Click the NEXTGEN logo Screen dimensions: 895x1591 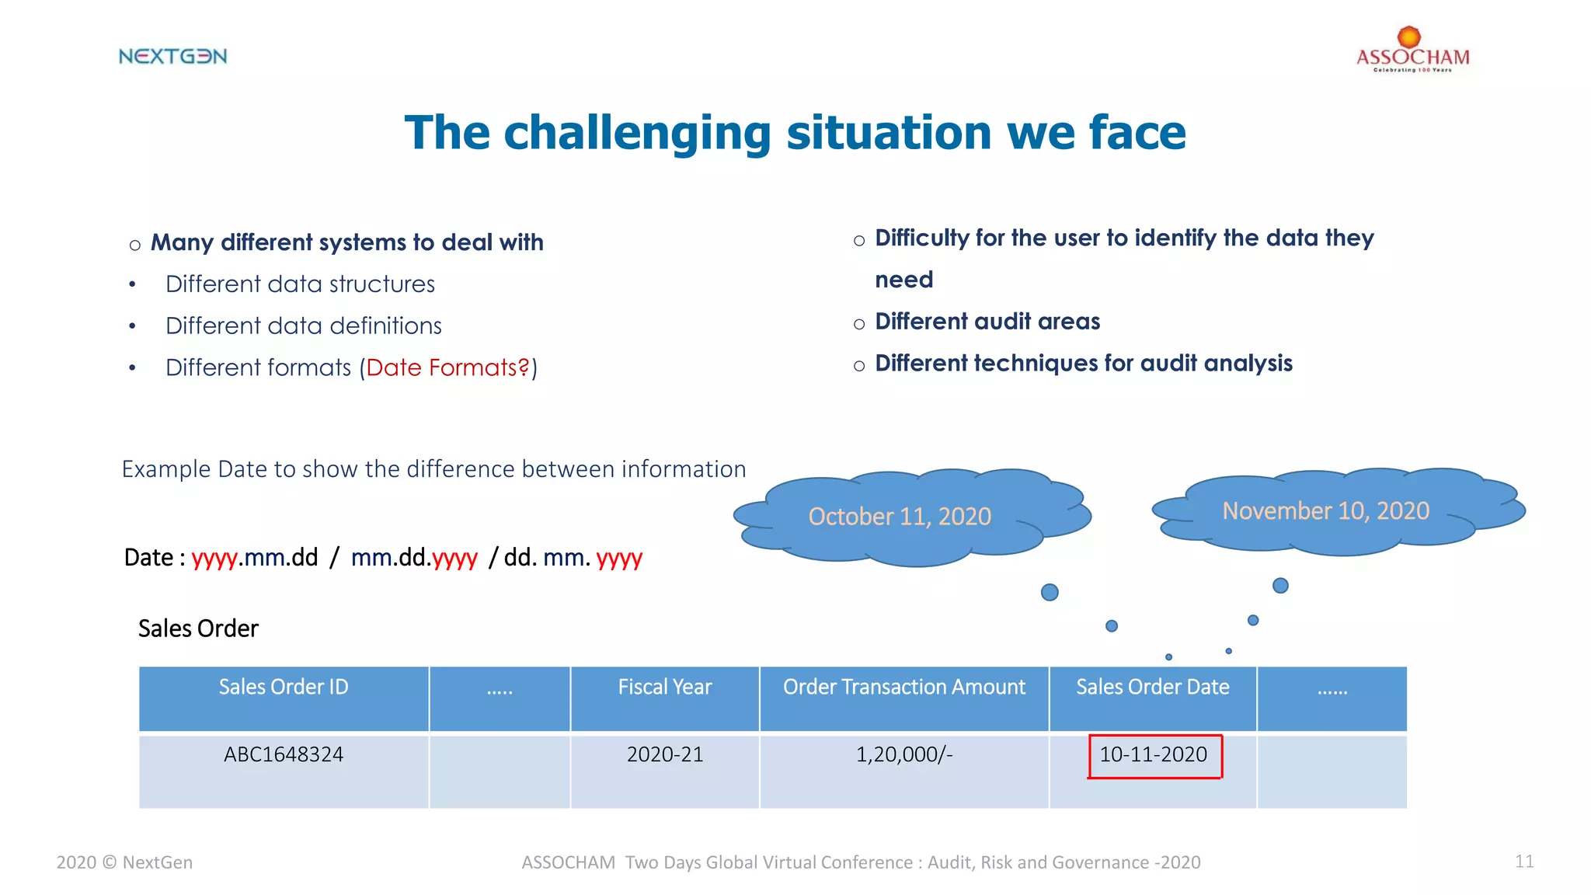click(x=172, y=56)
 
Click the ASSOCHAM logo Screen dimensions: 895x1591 click(x=1412, y=51)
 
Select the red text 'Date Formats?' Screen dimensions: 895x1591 click(x=447, y=367)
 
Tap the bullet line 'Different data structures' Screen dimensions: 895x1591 click(x=300, y=284)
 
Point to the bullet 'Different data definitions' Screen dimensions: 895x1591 click(x=303, y=326)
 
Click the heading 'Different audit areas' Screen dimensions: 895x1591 click(x=987, y=322)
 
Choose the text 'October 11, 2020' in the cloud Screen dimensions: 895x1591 click(x=900, y=517)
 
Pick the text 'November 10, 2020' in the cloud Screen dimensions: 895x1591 click(x=1325, y=511)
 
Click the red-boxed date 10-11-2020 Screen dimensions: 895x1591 click(x=1154, y=755)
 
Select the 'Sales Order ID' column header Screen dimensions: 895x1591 click(x=284, y=688)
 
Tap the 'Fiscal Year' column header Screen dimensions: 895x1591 click(x=665, y=688)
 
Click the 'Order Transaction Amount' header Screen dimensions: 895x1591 click(x=904, y=688)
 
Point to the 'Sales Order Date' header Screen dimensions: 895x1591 click(x=1152, y=688)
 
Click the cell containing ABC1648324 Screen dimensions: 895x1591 click(x=284, y=755)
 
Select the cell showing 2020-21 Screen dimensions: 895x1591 click(x=665, y=755)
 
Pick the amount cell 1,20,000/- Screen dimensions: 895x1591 click(x=904, y=755)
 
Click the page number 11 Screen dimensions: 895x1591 click(x=1524, y=862)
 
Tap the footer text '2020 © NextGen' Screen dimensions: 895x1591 click(x=124, y=862)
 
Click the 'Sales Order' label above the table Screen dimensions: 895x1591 click(x=198, y=629)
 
